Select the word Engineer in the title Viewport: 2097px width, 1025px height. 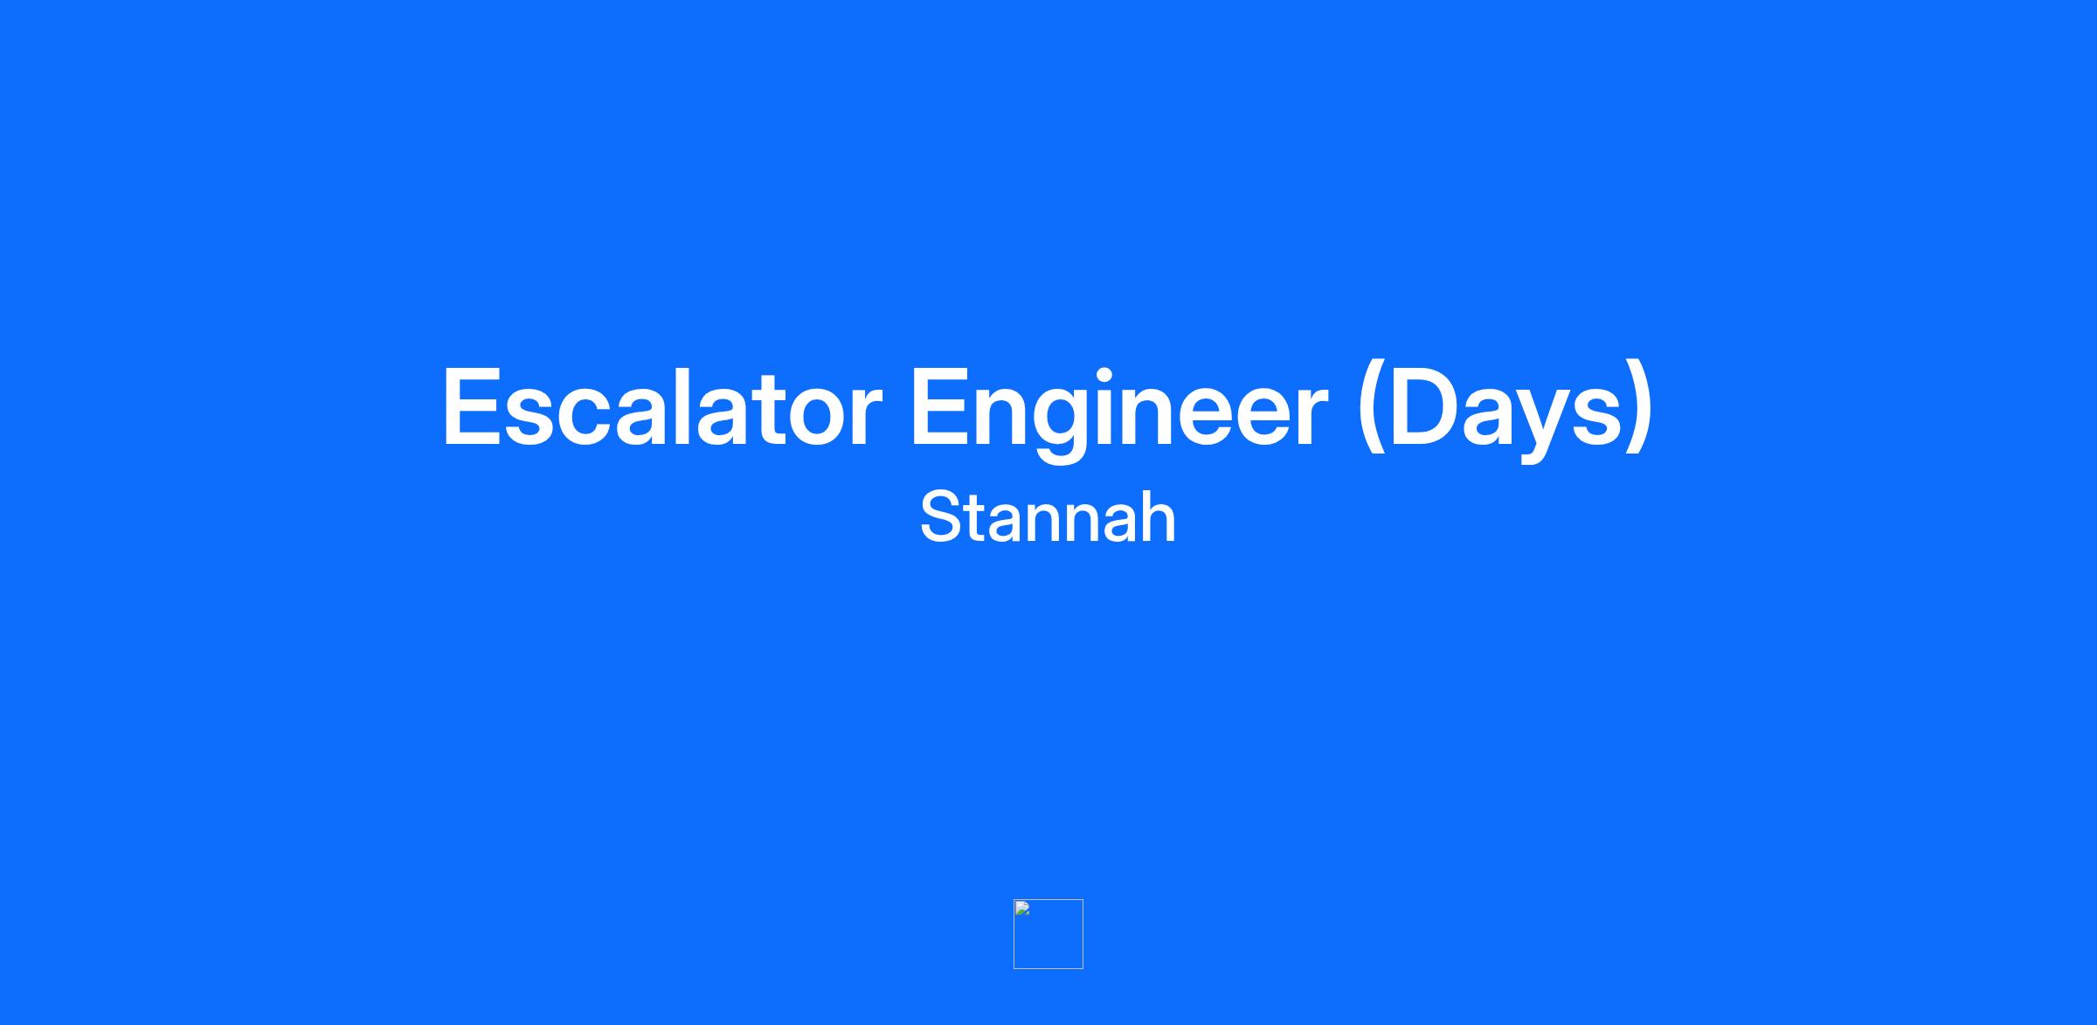[x=1120, y=413]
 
